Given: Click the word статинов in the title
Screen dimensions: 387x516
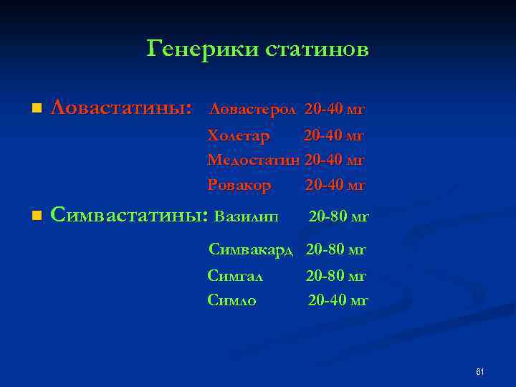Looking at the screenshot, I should tap(317, 49).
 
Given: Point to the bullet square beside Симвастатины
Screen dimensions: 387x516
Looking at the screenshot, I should tap(37, 215).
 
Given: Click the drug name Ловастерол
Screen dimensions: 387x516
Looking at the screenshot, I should tap(252, 110).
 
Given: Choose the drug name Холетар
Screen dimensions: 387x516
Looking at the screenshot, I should tap(239, 135).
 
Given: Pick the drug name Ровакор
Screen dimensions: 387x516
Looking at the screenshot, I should tap(239, 185).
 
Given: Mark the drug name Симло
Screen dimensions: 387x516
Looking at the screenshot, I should tap(232, 300).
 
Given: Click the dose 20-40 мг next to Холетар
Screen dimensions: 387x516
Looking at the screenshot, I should tap(334, 135).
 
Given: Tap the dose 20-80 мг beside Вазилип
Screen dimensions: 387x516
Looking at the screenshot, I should tap(338, 215).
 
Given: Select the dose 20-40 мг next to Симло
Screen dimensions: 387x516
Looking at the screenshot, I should tap(338, 300).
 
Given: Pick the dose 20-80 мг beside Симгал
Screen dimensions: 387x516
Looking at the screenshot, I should tap(336, 275).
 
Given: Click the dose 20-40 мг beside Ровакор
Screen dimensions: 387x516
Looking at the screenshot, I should tap(335, 185).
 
